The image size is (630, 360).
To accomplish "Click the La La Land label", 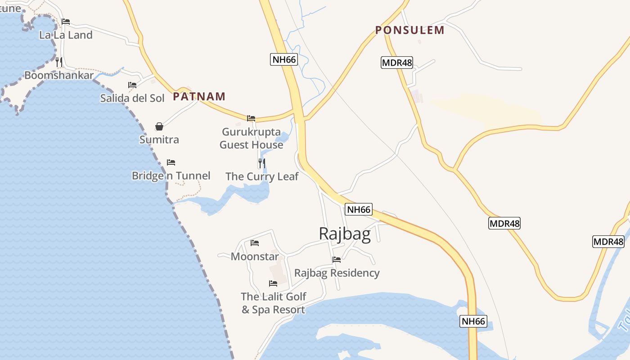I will pos(66,35).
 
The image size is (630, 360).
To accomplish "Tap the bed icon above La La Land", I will pos(66,21).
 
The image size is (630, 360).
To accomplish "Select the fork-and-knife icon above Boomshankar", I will pos(59,62).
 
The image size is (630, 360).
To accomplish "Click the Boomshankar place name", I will pos(59,75).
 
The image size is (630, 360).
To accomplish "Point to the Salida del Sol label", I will pos(132,98).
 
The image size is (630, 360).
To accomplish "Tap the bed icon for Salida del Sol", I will pos(132,85).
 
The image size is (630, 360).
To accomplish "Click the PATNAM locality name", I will pos(199,96).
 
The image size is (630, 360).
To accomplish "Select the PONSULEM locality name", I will pos(409,30).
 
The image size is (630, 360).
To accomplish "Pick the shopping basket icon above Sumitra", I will pos(159,126).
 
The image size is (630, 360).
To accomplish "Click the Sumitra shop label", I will pos(159,139).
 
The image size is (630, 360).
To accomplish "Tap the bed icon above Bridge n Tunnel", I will pos(171,162).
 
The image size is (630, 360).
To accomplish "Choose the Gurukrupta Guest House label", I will pos(251,139).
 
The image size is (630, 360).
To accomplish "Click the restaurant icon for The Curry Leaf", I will pos(262,163).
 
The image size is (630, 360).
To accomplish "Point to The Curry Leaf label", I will pos(262,176).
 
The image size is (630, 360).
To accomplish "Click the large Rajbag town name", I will pos(345,234).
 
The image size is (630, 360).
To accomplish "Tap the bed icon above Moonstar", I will pos(255,243).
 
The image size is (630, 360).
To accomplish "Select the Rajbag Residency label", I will pos(337,273).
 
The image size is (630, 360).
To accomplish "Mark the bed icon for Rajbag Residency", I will pos(337,259).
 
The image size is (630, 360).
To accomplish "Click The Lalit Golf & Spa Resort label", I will pos(273,303).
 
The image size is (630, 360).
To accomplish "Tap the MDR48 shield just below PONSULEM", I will pos(397,63).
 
